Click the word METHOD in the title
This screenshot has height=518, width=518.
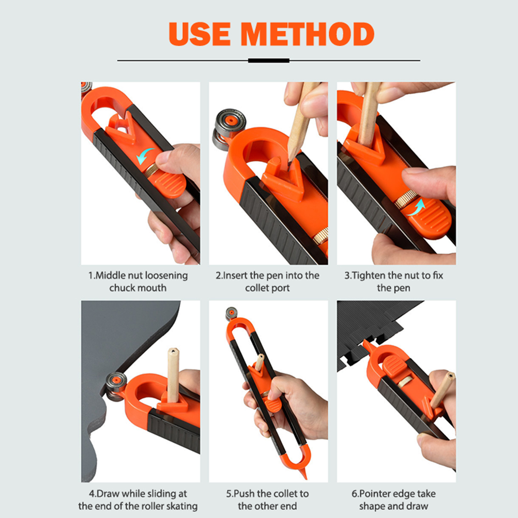[x=308, y=34]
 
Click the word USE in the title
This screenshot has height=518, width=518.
[x=200, y=34]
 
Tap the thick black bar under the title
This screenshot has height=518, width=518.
[x=269, y=60]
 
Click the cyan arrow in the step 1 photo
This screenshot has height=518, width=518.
[x=144, y=156]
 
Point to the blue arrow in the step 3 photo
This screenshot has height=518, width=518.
[x=417, y=207]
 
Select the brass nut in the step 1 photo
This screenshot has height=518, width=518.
[x=151, y=170]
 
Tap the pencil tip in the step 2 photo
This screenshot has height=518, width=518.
[x=290, y=164]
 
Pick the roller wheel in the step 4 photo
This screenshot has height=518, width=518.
[x=116, y=386]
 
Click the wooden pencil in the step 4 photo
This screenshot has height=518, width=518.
[x=173, y=375]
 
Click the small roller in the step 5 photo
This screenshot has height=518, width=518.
[x=231, y=313]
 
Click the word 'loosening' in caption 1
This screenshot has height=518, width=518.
[x=166, y=276]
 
